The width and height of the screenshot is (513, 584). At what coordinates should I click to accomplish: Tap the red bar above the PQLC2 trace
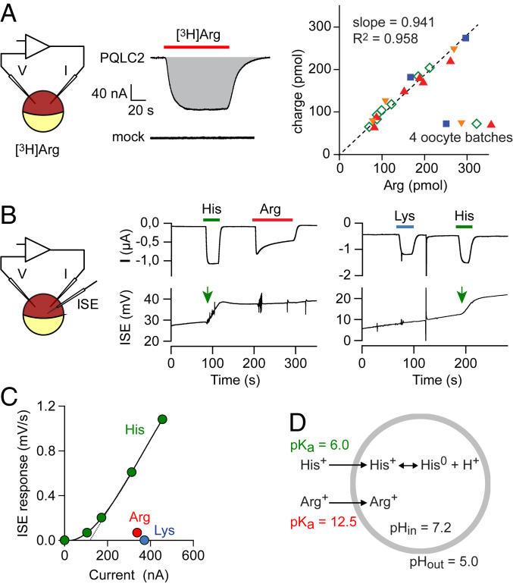pos(196,46)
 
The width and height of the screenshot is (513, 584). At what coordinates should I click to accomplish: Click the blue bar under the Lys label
pos(405,226)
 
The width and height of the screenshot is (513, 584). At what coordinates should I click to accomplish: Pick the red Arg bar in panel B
pos(272,219)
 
